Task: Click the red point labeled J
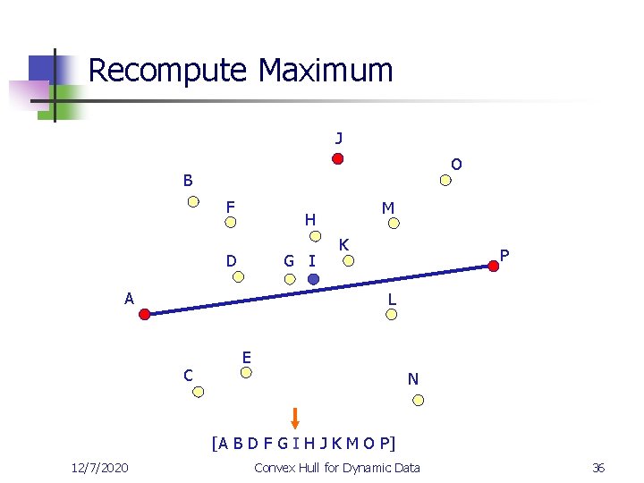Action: click(338, 159)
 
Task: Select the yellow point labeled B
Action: click(193, 201)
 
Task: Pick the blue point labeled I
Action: click(313, 279)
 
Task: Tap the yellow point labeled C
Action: click(199, 392)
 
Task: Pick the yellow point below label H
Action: click(315, 237)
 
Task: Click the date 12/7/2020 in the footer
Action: click(99, 468)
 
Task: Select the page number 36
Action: click(598, 468)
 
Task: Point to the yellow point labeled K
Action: click(351, 261)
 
